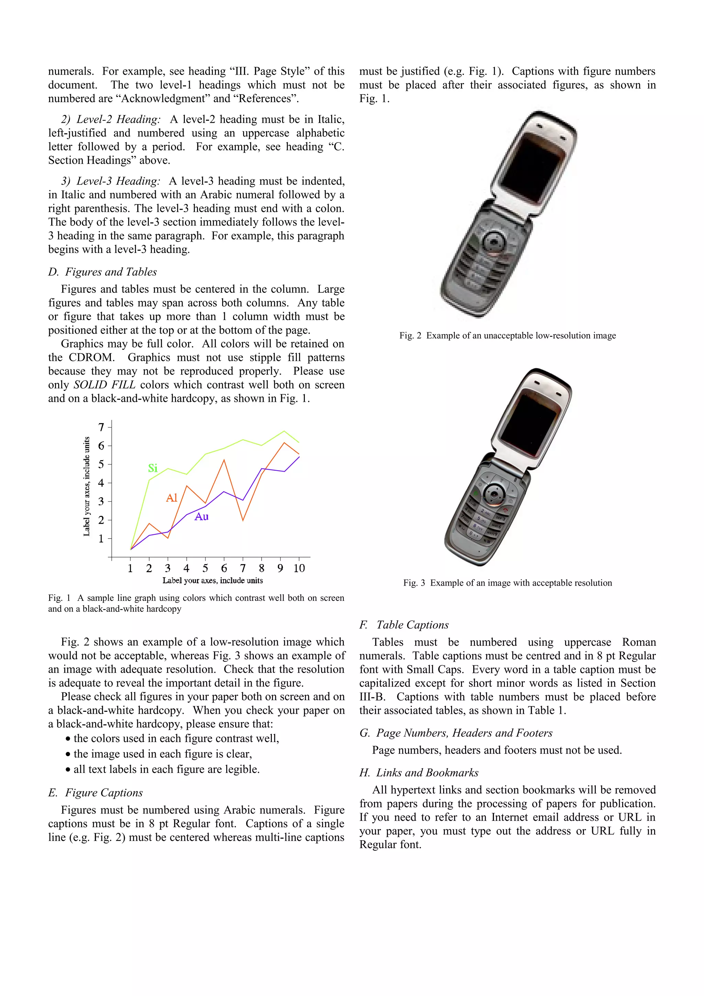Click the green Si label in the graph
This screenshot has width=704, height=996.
[x=153, y=468]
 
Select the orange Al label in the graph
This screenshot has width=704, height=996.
[x=172, y=498]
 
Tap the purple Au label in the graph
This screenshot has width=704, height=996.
[x=202, y=517]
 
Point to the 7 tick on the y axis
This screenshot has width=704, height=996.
[x=101, y=427]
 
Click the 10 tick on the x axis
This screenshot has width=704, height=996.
[x=299, y=568]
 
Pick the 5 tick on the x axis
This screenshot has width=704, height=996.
[x=205, y=568]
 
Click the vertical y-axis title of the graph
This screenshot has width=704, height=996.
[x=87, y=486]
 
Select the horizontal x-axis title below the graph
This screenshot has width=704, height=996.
[x=212, y=580]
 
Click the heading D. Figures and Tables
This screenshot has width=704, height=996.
[x=102, y=272]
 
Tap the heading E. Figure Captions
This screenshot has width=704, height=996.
[x=96, y=793]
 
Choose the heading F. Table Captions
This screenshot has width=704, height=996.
[x=404, y=625]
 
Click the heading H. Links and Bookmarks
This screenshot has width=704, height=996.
[x=419, y=773]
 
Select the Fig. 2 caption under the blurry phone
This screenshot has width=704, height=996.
[x=507, y=335]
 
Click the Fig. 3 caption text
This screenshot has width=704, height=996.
[x=507, y=583]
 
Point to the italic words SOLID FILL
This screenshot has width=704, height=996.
[x=104, y=385]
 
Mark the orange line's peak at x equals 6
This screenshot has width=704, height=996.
[x=224, y=460]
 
